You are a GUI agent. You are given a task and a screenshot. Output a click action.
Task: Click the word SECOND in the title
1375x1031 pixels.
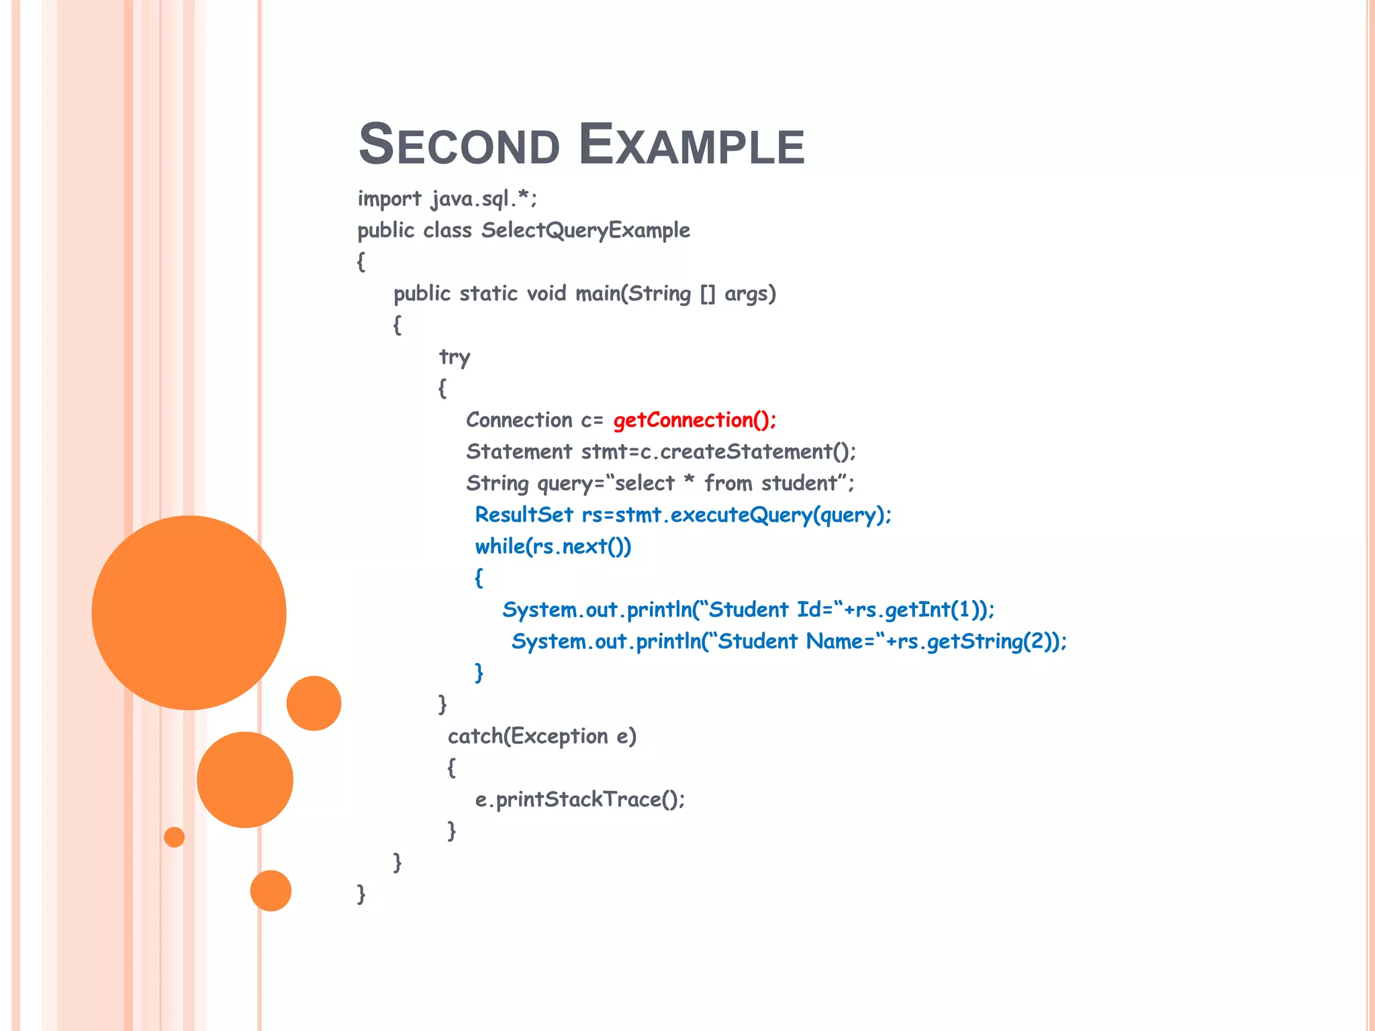(x=459, y=145)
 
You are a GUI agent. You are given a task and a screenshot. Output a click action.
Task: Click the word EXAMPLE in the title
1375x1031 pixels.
(x=691, y=145)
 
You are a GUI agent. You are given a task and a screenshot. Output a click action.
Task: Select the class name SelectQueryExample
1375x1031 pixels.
(x=585, y=230)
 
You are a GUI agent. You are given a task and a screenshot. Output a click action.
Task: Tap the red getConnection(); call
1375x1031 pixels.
(x=694, y=420)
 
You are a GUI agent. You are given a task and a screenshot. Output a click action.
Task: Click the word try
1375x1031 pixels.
(x=455, y=357)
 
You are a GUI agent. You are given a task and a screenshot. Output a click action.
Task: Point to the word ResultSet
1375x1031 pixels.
(x=524, y=515)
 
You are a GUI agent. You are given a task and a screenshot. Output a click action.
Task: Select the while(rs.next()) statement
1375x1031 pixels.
(x=553, y=546)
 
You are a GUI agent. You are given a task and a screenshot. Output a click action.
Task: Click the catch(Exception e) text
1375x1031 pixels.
(x=542, y=736)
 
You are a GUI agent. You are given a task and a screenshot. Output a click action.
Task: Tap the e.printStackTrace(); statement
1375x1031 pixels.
(x=579, y=799)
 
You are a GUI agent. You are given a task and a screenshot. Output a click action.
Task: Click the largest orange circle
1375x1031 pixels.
(x=189, y=612)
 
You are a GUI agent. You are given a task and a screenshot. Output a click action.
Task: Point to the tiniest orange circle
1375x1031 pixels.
(x=174, y=837)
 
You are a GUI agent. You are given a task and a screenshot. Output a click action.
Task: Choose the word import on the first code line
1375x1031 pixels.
(x=389, y=199)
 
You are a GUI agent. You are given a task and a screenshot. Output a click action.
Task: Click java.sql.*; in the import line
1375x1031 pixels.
(x=484, y=199)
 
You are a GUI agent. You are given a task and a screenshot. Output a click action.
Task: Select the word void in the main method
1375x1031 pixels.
(x=547, y=294)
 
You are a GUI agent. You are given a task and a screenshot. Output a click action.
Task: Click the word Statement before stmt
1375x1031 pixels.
(x=519, y=452)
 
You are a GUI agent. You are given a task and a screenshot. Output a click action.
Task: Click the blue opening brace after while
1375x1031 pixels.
(x=479, y=577)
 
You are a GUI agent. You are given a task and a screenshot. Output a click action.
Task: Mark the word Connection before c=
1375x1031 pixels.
(x=519, y=420)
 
